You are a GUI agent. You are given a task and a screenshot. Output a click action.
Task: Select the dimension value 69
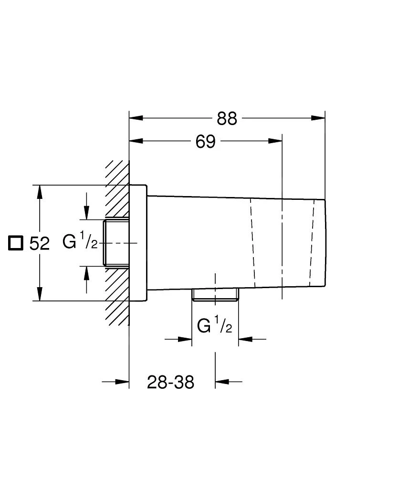tap(206, 142)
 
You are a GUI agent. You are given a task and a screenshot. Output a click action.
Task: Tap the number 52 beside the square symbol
tap(40, 244)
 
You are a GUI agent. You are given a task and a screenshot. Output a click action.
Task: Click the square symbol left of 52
tap(16, 243)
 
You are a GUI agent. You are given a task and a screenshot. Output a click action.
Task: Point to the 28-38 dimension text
tap(170, 382)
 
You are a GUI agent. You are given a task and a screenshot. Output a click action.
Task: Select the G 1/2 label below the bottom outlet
tap(214, 326)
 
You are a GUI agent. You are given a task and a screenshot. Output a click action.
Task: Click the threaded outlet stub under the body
tap(215, 295)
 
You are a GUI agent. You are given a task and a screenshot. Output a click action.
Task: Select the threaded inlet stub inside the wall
tap(116, 243)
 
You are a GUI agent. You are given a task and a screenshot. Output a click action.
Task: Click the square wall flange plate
tap(138, 243)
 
